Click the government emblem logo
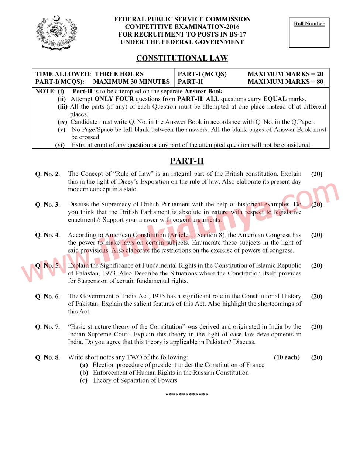[x=56, y=33]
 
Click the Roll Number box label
[x=309, y=24]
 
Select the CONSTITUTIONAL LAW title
[x=182, y=58]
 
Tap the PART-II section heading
[x=187, y=161]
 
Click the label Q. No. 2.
[x=48, y=174]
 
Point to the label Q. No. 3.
[x=48, y=205]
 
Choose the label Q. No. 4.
[x=48, y=235]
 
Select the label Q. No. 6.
[x=48, y=297]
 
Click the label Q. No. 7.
[x=48, y=327]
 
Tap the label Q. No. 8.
[x=48, y=357]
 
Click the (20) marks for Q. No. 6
[x=317, y=296]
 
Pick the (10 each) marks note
[x=287, y=357]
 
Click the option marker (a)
[x=84, y=365]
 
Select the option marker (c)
[x=84, y=380]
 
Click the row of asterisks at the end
[x=187, y=395]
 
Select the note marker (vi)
[x=60, y=145]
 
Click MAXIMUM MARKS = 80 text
[x=285, y=82]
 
